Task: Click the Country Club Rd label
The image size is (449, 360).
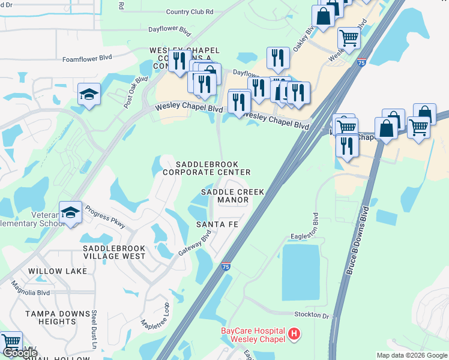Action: click(190, 11)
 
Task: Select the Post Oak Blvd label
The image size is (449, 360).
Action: click(136, 92)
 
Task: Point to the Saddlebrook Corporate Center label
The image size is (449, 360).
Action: click(206, 168)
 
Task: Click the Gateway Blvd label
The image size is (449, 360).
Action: click(195, 244)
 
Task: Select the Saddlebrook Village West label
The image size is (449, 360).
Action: click(114, 252)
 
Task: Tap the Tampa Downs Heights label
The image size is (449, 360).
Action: click(50, 317)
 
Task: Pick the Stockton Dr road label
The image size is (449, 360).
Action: click(312, 314)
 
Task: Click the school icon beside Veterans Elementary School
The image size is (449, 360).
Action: click(71, 212)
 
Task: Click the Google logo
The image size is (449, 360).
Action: click(21, 353)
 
